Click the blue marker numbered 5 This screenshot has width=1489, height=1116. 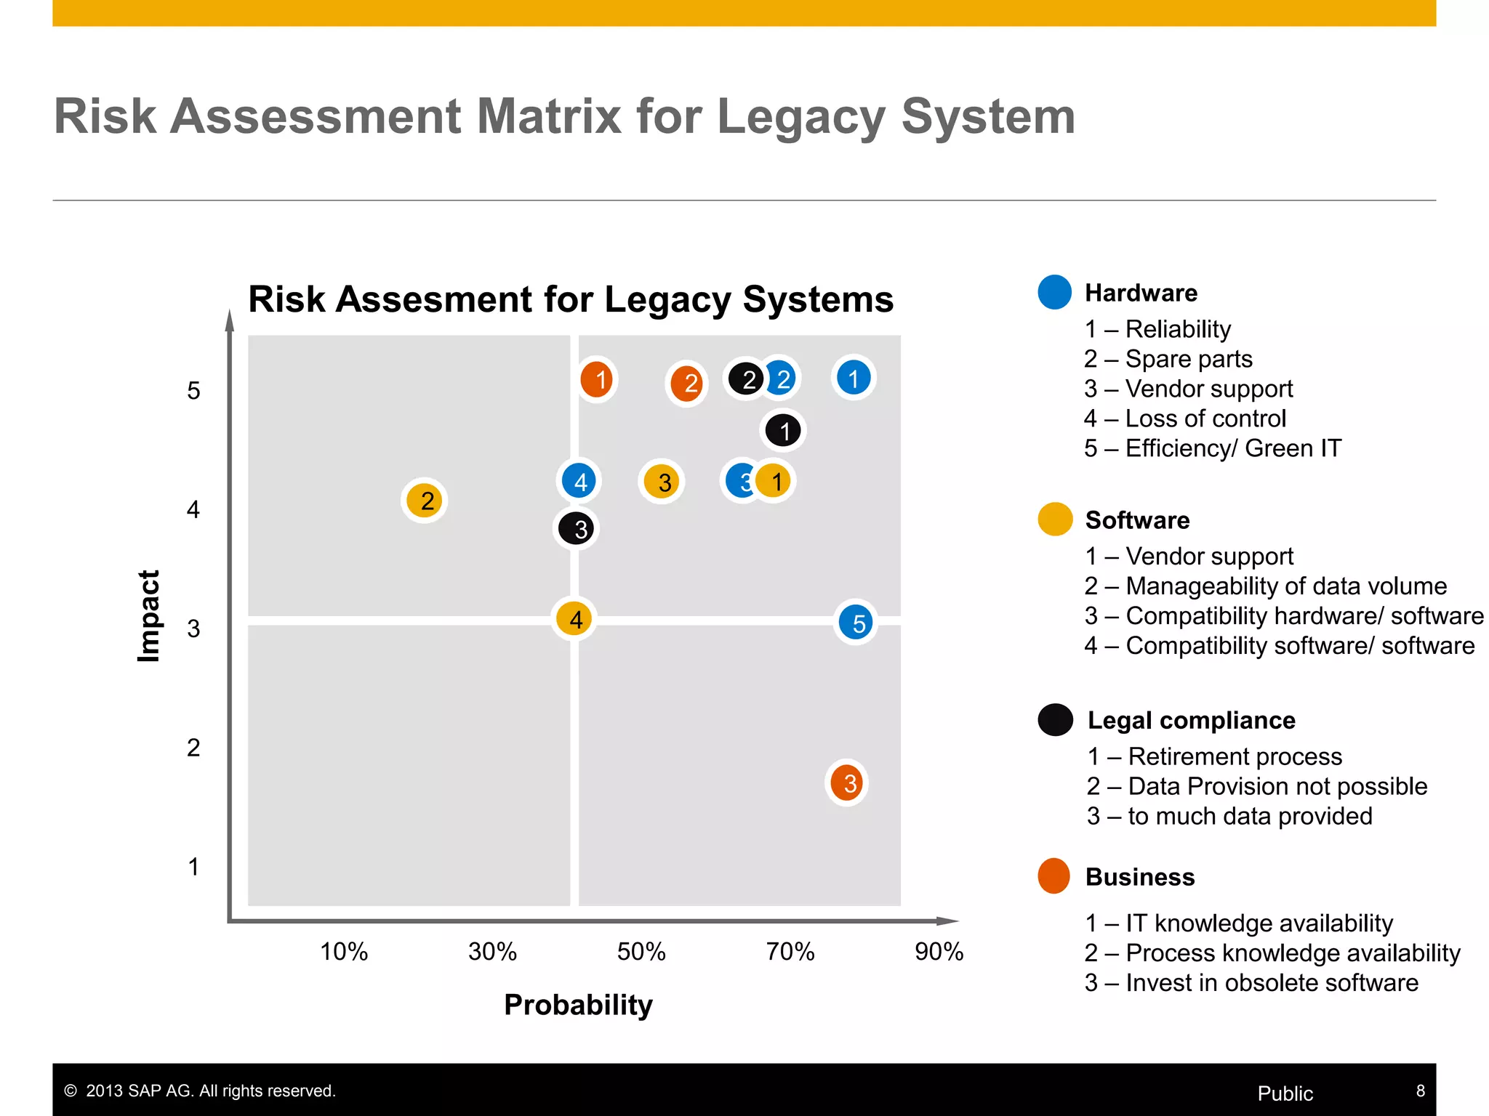tap(856, 623)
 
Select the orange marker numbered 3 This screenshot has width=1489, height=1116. tap(847, 783)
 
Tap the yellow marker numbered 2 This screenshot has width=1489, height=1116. tap(425, 501)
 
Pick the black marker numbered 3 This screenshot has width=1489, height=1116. tap(577, 529)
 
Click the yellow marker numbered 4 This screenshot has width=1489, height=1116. tap(574, 619)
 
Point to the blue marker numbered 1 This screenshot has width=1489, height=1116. tap(854, 378)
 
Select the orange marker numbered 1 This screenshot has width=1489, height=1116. tap(597, 379)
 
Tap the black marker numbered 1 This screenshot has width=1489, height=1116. tap(783, 431)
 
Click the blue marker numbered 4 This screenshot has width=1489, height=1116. tap(579, 481)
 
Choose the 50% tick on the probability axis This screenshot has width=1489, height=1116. tap(641, 951)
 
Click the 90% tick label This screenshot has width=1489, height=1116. tap(939, 951)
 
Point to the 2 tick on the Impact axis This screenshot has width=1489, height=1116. tap(193, 748)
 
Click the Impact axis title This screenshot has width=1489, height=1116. tap(148, 616)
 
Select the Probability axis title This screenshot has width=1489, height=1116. tap(578, 1005)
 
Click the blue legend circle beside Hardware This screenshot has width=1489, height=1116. tap(1054, 292)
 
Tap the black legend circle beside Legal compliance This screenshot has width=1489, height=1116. tap(1055, 720)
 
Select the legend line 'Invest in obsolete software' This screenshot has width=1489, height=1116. tap(1251, 982)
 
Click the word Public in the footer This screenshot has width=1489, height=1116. tap(1285, 1093)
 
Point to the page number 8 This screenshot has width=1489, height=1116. tap(1420, 1091)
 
